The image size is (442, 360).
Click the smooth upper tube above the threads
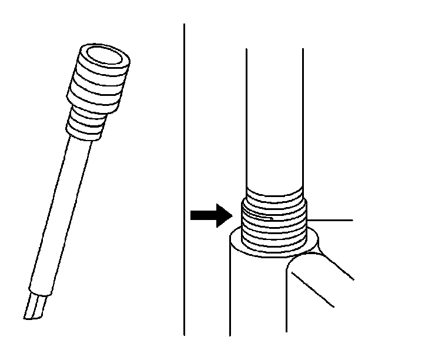coord(274,118)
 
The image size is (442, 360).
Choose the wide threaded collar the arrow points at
coord(274,226)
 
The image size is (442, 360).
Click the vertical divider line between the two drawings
coord(185,176)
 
